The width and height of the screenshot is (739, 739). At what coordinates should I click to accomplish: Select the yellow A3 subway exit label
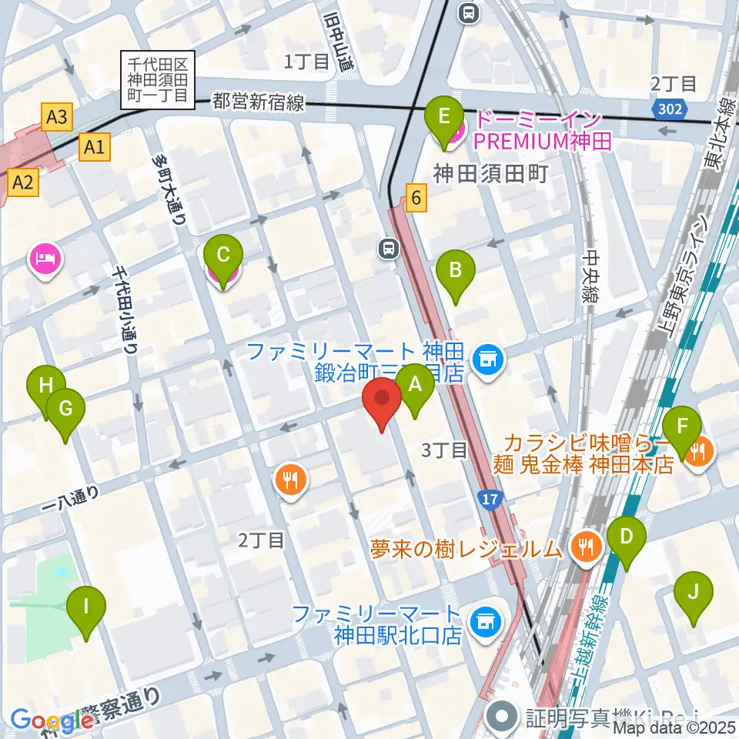point(57,118)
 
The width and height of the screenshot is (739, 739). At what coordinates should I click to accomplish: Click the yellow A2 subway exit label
point(23,182)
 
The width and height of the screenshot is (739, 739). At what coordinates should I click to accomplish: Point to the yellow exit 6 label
point(416,198)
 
